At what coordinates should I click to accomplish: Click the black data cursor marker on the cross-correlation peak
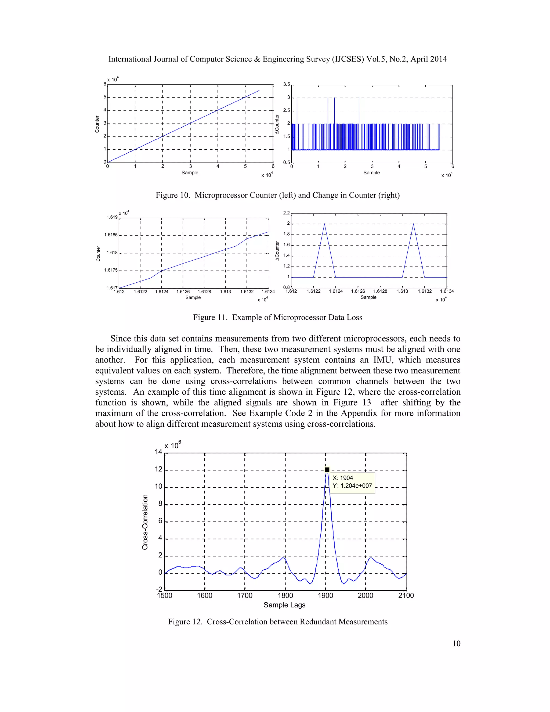327,469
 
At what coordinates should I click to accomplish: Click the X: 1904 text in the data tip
343,478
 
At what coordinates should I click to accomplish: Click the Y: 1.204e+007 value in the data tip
352,486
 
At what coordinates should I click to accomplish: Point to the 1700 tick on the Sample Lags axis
245,596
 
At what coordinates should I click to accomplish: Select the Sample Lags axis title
284,605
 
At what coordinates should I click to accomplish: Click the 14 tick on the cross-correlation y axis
158,452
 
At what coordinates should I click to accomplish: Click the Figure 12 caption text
278,622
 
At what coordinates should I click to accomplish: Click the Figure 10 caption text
278,195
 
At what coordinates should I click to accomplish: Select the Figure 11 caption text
278,318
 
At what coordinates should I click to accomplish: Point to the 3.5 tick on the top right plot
286,84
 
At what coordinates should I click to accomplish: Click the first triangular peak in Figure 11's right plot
324,224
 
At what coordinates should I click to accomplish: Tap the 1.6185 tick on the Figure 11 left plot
111,235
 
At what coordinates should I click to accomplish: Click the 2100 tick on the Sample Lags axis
406,596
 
